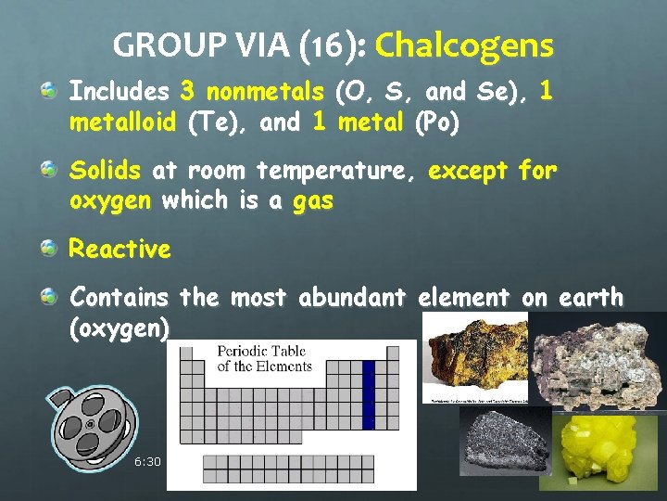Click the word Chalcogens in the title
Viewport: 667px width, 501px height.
[464, 45]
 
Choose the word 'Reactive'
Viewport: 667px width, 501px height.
[120, 250]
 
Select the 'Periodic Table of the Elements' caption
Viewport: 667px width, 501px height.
[264, 358]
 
